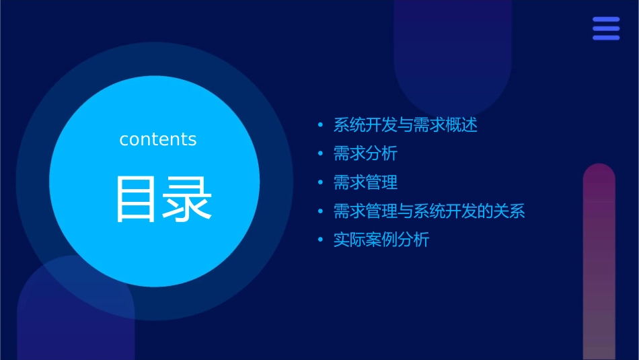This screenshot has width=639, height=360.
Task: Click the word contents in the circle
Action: point(158,139)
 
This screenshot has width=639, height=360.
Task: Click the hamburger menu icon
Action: point(606,29)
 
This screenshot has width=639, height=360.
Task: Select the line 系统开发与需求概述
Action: point(405,124)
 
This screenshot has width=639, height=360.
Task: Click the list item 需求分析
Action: point(365,153)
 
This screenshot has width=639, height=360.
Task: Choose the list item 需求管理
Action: point(365,182)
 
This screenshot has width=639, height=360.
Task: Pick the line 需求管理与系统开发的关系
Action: point(429,211)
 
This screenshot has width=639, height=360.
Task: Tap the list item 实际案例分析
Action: point(381,240)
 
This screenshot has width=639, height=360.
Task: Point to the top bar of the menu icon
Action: point(606,20)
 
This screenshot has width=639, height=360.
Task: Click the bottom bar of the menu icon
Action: point(606,38)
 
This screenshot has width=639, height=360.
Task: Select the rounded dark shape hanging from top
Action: point(453,47)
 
